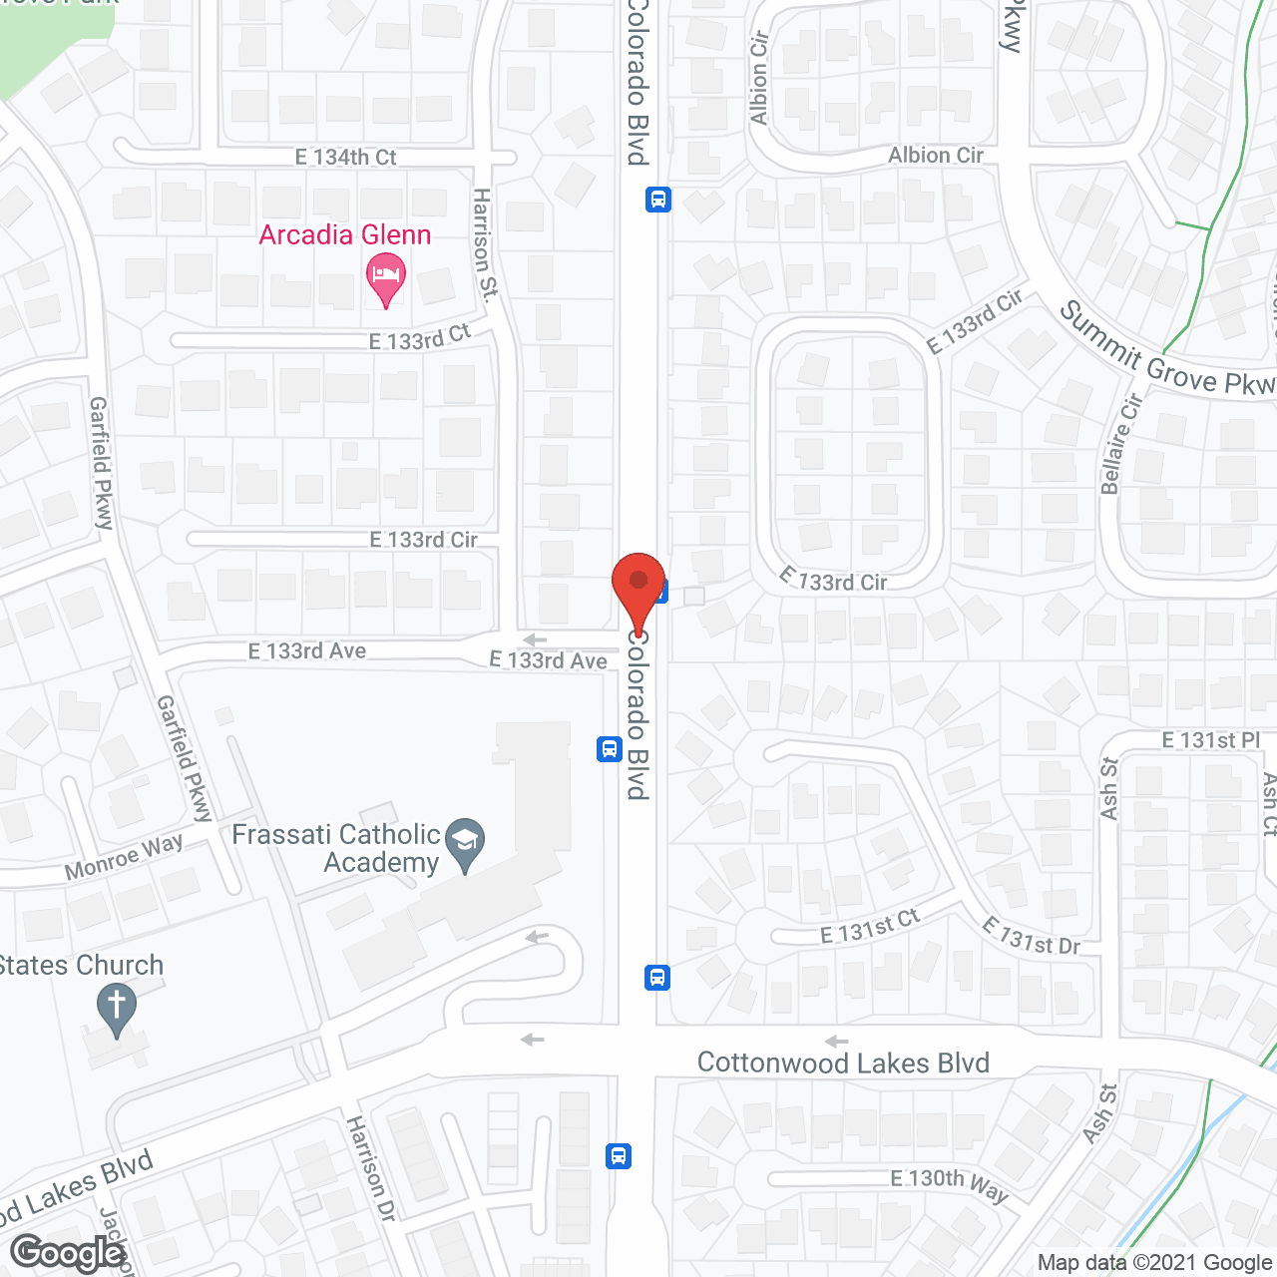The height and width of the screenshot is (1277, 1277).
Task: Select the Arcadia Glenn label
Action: pyautogui.click(x=345, y=235)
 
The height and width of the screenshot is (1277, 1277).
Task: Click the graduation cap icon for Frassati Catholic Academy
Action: pyautogui.click(x=465, y=841)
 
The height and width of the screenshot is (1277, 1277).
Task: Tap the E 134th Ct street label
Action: pyautogui.click(x=345, y=158)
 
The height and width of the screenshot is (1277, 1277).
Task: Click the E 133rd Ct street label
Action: pyautogui.click(x=419, y=338)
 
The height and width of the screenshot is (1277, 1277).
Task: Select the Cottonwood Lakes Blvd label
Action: pyautogui.click(x=843, y=1064)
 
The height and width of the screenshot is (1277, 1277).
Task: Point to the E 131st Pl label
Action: pyautogui.click(x=1211, y=740)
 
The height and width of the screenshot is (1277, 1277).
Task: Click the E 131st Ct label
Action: pyautogui.click(x=869, y=928)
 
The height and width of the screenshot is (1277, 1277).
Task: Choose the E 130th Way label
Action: pyautogui.click(x=949, y=1183)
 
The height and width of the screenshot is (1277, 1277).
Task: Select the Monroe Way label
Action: pyautogui.click(x=124, y=857)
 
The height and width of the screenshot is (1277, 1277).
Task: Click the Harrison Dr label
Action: pyautogui.click(x=370, y=1168)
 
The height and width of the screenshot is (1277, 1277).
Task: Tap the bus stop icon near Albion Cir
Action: pyautogui.click(x=657, y=200)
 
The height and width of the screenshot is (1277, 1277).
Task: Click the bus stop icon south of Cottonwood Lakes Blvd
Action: pyautogui.click(x=619, y=1156)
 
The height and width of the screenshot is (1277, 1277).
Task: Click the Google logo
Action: pyautogui.click(x=68, y=1253)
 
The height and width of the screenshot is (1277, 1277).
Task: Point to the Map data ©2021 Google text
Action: pyautogui.click(x=1154, y=1263)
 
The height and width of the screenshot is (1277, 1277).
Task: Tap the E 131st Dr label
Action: pyautogui.click(x=1031, y=936)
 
